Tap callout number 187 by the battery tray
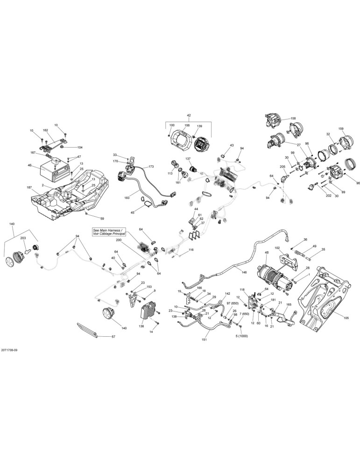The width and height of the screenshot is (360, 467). (x=29, y=188)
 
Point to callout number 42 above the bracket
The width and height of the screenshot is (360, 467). (x=189, y=115)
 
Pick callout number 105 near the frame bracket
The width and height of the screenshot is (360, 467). (x=346, y=318)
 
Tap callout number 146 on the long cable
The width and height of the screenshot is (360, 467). (x=244, y=272)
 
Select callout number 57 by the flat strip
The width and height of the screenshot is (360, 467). (x=113, y=337)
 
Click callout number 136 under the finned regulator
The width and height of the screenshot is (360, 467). (x=142, y=326)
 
